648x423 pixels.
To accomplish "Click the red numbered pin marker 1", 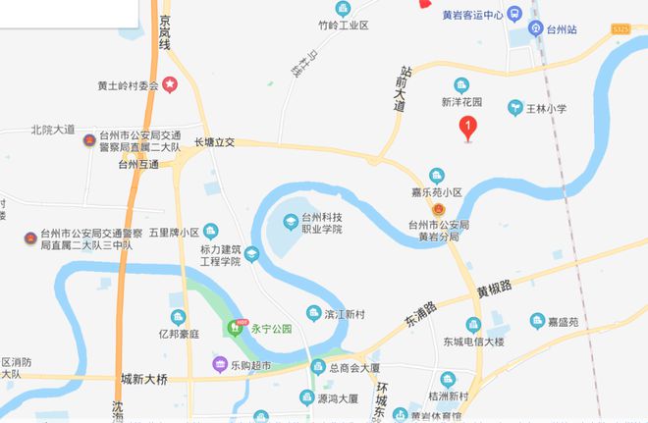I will [x=469, y=126].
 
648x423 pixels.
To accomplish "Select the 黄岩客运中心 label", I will [x=472, y=15].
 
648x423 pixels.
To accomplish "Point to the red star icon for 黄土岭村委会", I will [x=170, y=85].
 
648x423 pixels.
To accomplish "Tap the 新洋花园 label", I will [x=460, y=101].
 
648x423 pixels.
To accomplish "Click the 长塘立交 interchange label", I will [x=215, y=142].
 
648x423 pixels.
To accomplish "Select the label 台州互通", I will [x=138, y=165].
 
